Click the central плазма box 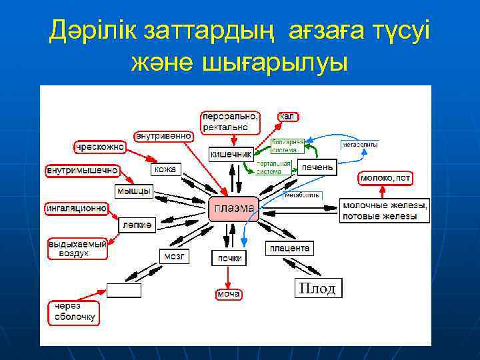pyautogui.click(x=233, y=209)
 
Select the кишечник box pyautogui.click(x=231, y=154)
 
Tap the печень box pyautogui.click(x=317, y=167)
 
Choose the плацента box pyautogui.click(x=289, y=248)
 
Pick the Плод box pyautogui.click(x=318, y=288)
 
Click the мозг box pyautogui.click(x=174, y=256)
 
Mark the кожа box pyautogui.click(x=165, y=169)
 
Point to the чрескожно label pyautogui.click(x=100, y=146)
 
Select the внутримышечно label pyautogui.click(x=82, y=171)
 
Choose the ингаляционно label pyautogui.click(x=76, y=208)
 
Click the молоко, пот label pyautogui.click(x=385, y=178)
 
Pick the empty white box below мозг pyautogui.click(x=124, y=290)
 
